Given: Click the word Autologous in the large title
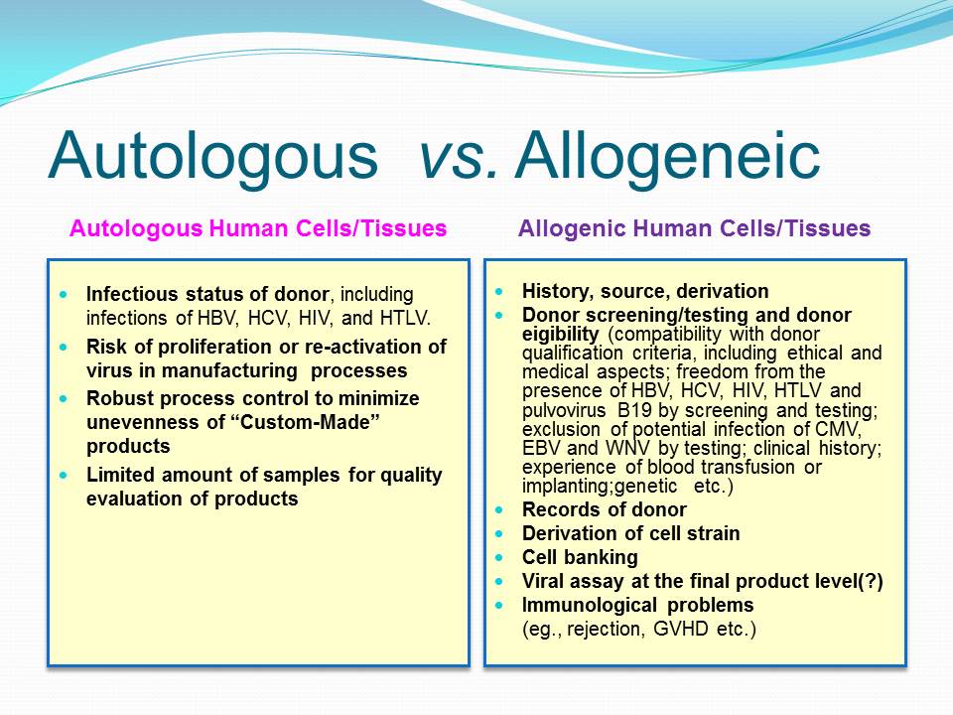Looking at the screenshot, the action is (212, 157).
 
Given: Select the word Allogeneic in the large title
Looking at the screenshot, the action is (667, 157).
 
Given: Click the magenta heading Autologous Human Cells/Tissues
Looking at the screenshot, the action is (258, 228).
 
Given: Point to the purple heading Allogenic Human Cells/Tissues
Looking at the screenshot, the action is (694, 228).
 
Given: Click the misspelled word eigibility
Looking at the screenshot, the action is (560, 335).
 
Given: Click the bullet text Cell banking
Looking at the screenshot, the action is (580, 557).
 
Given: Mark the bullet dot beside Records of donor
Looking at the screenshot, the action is (499, 509).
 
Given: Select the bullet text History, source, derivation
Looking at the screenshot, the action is (645, 291).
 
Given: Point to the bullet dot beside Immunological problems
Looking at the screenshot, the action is (499, 605).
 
